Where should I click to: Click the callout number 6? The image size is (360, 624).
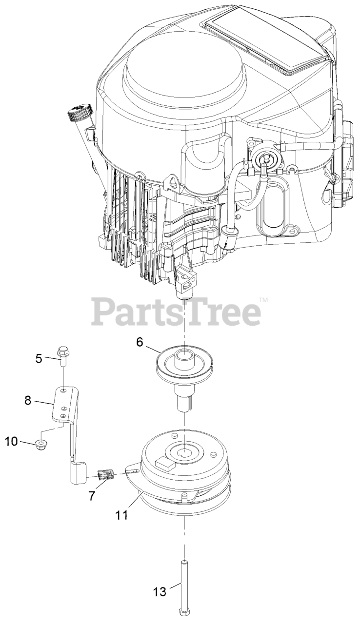(140, 342)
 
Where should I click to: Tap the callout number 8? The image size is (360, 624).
(27, 400)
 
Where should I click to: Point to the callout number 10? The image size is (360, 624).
(12, 442)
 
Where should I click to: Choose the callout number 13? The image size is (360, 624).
(160, 592)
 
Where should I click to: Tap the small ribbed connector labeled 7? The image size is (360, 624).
(106, 473)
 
